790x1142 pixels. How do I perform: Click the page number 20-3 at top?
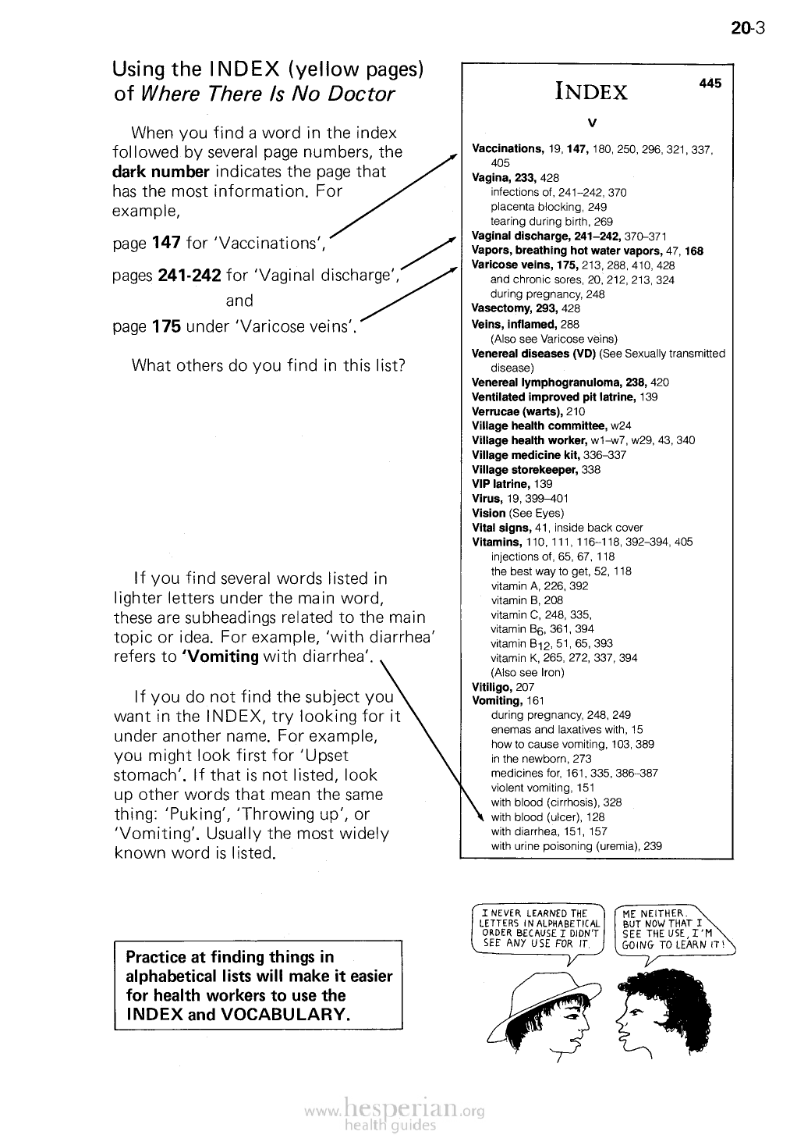[x=749, y=30]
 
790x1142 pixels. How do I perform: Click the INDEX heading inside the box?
[x=591, y=92]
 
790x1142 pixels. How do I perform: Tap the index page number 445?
[x=710, y=83]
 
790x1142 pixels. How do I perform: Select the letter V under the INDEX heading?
[x=592, y=123]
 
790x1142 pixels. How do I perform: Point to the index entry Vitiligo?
[x=493, y=687]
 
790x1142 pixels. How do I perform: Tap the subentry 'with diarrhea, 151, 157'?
[x=548, y=831]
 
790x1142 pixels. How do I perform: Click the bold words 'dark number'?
[x=160, y=172]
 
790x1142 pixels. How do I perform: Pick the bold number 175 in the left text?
[x=166, y=326]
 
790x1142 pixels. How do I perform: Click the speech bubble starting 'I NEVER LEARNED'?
[x=538, y=927]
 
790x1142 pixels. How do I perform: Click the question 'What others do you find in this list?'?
[x=267, y=365]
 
